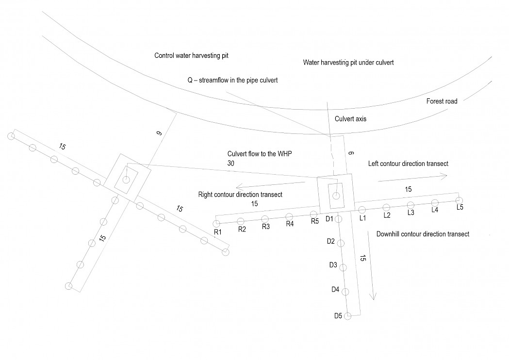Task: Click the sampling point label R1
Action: pyautogui.click(x=218, y=232)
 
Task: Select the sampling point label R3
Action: pyautogui.click(x=266, y=227)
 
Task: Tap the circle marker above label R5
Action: pyautogui.click(x=314, y=214)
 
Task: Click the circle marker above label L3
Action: pyautogui.click(x=410, y=205)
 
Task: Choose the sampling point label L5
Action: pyautogui.click(x=460, y=207)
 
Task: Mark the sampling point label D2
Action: pyautogui.click(x=331, y=241)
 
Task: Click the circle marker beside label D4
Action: pyautogui.click(x=345, y=292)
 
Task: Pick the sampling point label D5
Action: pyautogui.click(x=338, y=316)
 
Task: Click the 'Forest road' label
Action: pyautogui.click(x=442, y=101)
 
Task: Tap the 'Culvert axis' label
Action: pyautogui.click(x=350, y=118)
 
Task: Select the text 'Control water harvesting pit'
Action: pyautogui.click(x=191, y=56)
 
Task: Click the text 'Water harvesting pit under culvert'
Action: pyautogui.click(x=348, y=63)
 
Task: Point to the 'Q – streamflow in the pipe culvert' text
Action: pyautogui.click(x=232, y=80)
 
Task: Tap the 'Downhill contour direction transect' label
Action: pyautogui.click(x=423, y=234)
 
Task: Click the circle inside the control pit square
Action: pyautogui.click(x=126, y=180)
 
